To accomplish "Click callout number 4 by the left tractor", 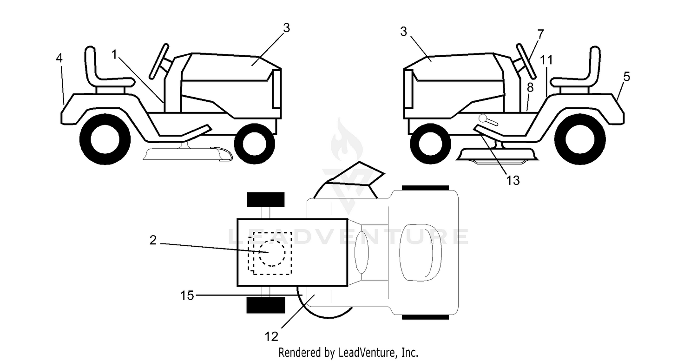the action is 59,58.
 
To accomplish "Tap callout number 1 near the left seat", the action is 114,55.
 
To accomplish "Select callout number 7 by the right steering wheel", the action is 540,34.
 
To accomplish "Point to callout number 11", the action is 546,60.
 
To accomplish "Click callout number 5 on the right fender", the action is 627,77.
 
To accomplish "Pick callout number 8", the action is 530,87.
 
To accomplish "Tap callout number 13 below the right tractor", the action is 513,180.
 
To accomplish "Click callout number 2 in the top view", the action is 153,240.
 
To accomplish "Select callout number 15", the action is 187,295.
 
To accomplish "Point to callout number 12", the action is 271,336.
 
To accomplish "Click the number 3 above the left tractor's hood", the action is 287,28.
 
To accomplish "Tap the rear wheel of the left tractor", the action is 105,139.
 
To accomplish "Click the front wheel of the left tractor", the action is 255,144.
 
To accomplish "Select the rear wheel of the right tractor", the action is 580,139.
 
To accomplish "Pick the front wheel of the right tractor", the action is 430,144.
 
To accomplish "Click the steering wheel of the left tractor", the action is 159,61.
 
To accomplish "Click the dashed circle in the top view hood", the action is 272,253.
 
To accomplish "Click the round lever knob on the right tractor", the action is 483,118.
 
